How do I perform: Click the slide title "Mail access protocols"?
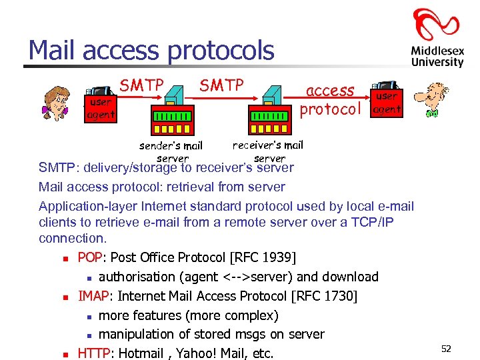click(151, 51)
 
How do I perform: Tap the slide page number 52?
click(446, 349)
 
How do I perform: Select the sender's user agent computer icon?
click(101, 103)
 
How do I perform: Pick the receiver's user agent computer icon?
click(386, 99)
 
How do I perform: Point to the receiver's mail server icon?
click(269, 113)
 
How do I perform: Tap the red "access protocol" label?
click(330, 100)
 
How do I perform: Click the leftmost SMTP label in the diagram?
click(141, 85)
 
